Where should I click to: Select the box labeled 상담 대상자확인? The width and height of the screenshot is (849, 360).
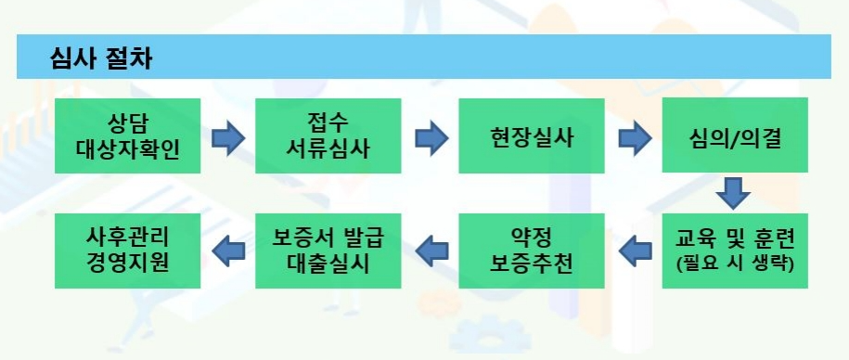coord(128,135)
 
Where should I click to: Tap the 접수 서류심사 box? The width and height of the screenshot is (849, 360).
coord(329,135)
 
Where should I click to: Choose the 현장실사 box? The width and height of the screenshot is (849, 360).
coord(532,135)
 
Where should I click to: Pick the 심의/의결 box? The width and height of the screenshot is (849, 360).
coord(734,135)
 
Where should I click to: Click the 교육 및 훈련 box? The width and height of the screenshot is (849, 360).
coord(734,251)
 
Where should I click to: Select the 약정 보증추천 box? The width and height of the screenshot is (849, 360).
coord(532,251)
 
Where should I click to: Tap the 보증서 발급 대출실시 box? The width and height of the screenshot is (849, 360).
coord(329,251)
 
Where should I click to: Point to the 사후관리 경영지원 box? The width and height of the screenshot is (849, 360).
coord(128,251)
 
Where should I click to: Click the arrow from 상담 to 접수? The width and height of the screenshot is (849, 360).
coord(228,139)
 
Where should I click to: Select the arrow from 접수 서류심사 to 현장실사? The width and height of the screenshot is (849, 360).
coord(431,139)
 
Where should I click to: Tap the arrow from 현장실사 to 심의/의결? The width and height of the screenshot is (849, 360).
coord(634,139)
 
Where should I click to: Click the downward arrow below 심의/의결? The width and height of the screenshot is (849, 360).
coord(734,193)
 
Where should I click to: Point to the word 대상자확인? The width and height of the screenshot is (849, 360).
coord(128,148)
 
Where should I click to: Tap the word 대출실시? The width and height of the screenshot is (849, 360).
coord(329,264)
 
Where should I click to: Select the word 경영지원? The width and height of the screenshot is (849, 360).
coord(128,264)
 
